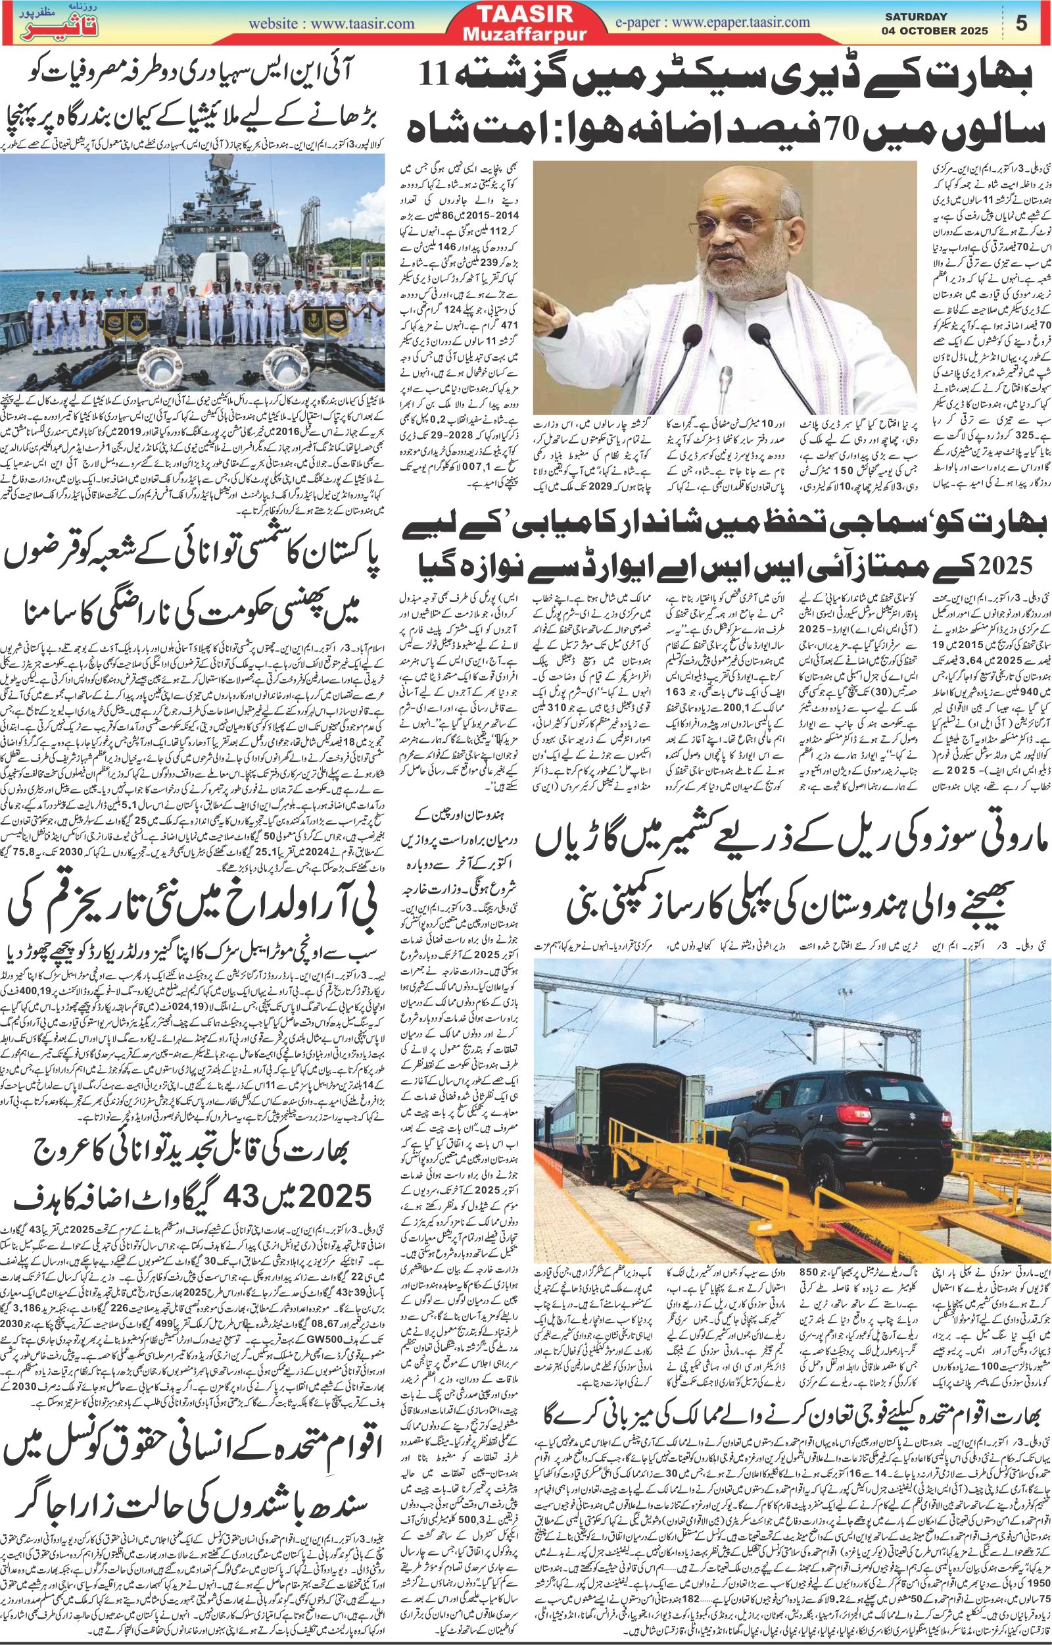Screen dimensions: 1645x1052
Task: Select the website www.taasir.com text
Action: point(331,23)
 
